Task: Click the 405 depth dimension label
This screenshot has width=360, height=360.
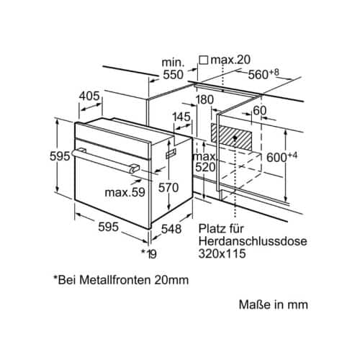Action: coord(89,96)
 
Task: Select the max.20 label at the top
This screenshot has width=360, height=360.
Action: coord(230,60)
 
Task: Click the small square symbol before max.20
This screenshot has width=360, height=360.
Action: coord(204,60)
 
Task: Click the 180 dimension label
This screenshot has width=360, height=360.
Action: coord(204,99)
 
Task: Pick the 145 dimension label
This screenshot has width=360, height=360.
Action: coord(181,117)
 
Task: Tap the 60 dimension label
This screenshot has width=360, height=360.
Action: coord(260,111)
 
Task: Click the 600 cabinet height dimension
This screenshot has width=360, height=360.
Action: coord(282,157)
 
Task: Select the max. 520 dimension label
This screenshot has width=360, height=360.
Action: coord(205,162)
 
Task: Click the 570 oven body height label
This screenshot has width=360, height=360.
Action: coord(168,187)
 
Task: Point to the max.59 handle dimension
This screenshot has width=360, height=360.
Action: coord(125,192)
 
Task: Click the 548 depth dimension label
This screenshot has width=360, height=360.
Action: coord(171,229)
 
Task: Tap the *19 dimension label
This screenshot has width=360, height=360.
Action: coord(149,254)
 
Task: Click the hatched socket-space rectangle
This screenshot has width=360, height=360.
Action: coord(231,137)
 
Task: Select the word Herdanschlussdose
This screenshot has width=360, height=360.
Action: coord(253,241)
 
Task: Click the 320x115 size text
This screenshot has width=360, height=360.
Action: coord(222,253)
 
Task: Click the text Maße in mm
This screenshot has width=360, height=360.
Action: coord(274,305)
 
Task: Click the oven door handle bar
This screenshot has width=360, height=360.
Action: coord(106,160)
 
